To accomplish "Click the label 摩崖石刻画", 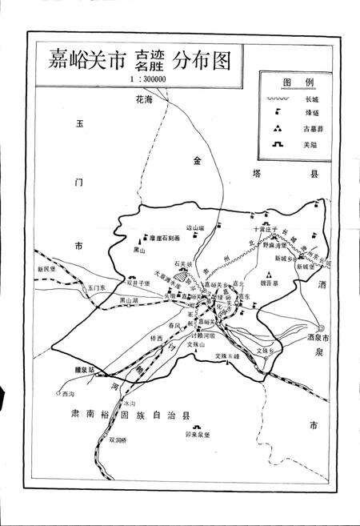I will tap(166, 239).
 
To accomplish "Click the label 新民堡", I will tap(49, 269).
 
